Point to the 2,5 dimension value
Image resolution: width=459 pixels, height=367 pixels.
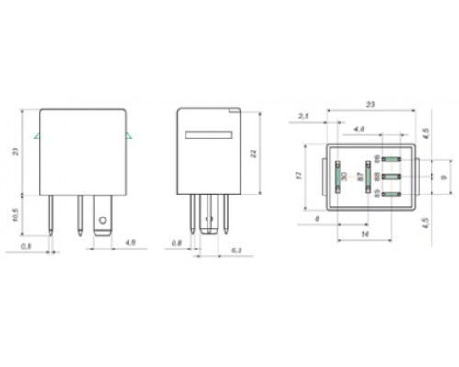pos(302,117)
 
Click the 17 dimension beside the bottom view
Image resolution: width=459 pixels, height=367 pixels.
pos(299,174)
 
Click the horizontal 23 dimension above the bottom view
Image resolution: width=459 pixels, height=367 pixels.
pos(373,105)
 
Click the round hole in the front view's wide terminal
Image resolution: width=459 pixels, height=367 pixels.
pos(103,220)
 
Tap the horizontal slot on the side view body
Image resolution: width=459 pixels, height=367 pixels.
pos(209,135)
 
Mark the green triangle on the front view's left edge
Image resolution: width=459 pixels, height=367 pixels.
pos(36,138)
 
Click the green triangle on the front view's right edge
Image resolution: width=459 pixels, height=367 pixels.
pos(129,138)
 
